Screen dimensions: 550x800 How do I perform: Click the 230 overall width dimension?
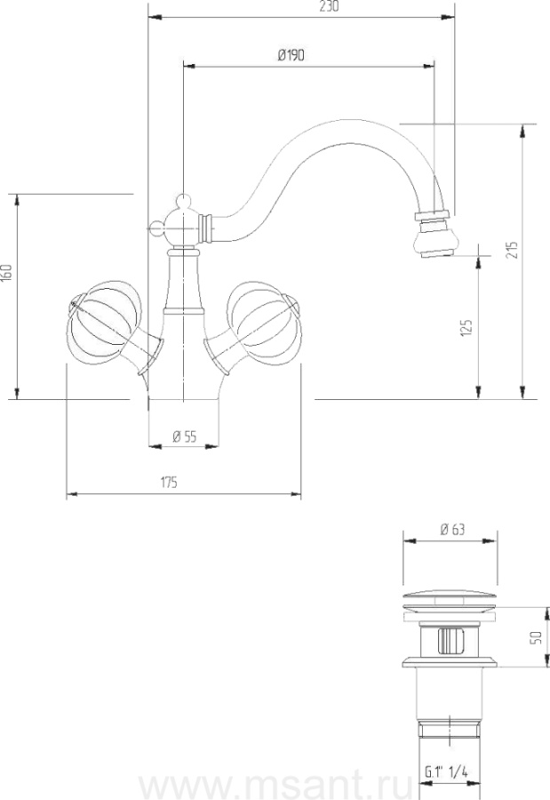pos(329,6)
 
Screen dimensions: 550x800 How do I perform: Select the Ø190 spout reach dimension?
pos(291,55)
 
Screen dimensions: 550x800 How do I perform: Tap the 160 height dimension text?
pos(6,273)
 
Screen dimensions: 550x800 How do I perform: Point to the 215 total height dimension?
pos(513,250)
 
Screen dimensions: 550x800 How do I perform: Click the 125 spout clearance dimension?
pos(466,328)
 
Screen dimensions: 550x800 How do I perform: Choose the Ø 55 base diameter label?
pos(184,436)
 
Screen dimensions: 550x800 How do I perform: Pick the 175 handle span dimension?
pos(169,482)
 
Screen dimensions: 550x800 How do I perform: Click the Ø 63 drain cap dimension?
pos(452,530)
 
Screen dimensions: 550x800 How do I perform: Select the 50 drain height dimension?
pos(536,637)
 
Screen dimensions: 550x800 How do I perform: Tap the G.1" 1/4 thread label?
pos(446,772)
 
